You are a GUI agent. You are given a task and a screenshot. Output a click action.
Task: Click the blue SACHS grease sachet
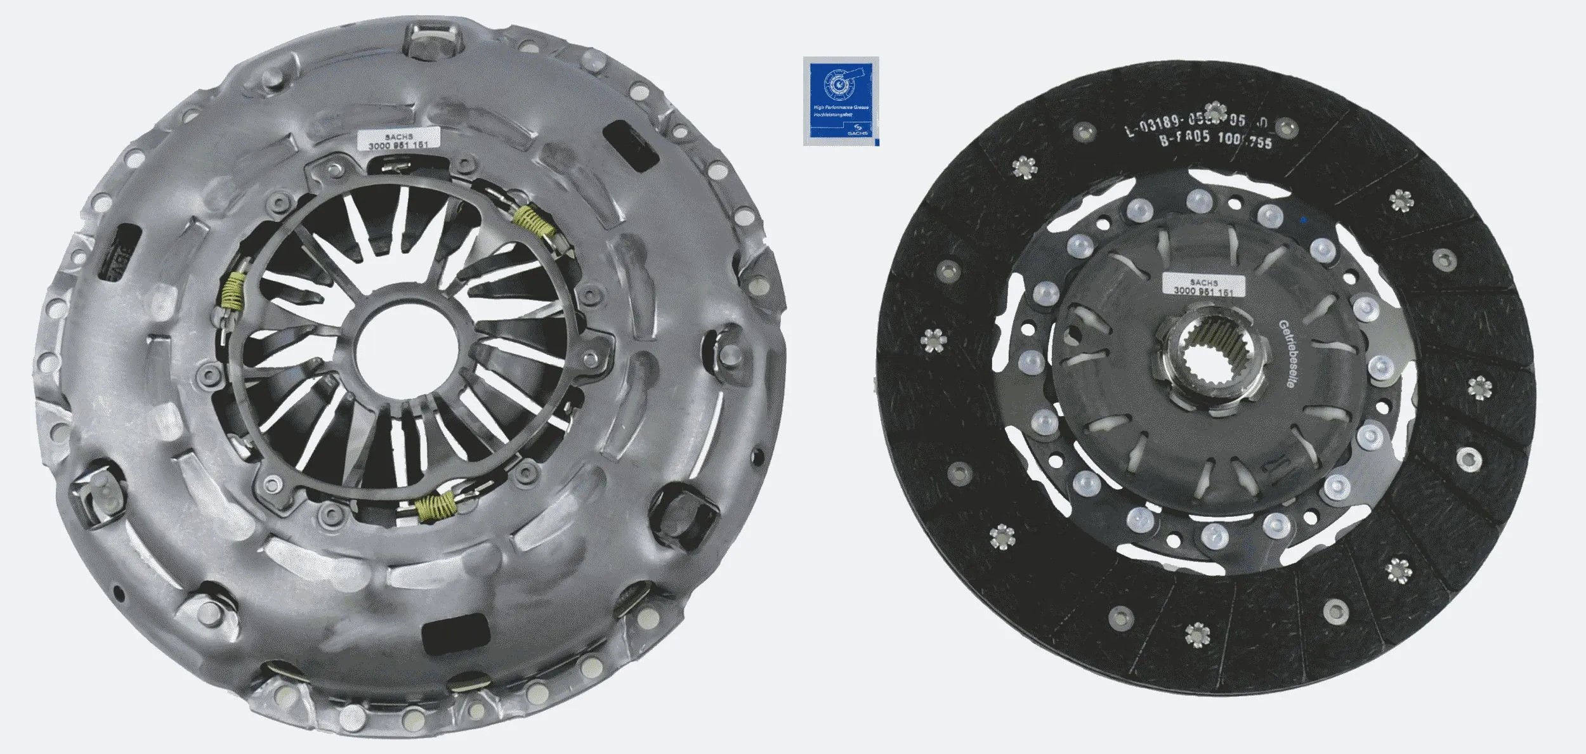[841, 101]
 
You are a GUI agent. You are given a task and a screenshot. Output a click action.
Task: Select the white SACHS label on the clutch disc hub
[1202, 285]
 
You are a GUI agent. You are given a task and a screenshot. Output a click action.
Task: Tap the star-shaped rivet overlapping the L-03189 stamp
[1216, 110]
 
